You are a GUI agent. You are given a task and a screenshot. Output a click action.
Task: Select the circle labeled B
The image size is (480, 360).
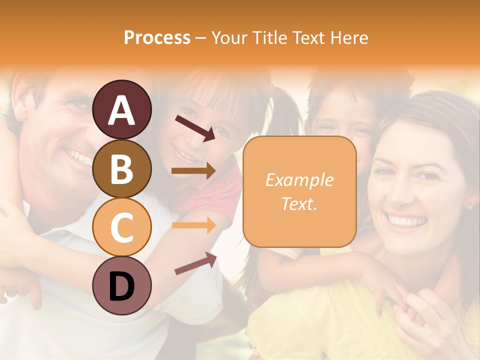[121, 168]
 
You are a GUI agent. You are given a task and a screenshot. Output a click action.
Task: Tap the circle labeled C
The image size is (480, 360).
[121, 227]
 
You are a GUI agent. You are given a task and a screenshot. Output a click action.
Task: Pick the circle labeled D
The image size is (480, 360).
[121, 285]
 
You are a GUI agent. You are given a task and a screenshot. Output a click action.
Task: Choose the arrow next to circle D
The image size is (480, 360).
[195, 263]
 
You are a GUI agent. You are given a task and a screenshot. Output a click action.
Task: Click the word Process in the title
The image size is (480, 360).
[157, 38]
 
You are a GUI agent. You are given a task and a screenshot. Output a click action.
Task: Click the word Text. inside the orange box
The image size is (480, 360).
[299, 203]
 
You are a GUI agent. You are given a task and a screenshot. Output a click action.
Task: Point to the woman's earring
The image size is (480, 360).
[469, 206]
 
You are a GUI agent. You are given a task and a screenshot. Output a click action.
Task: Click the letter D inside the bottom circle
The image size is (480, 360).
[121, 286]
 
